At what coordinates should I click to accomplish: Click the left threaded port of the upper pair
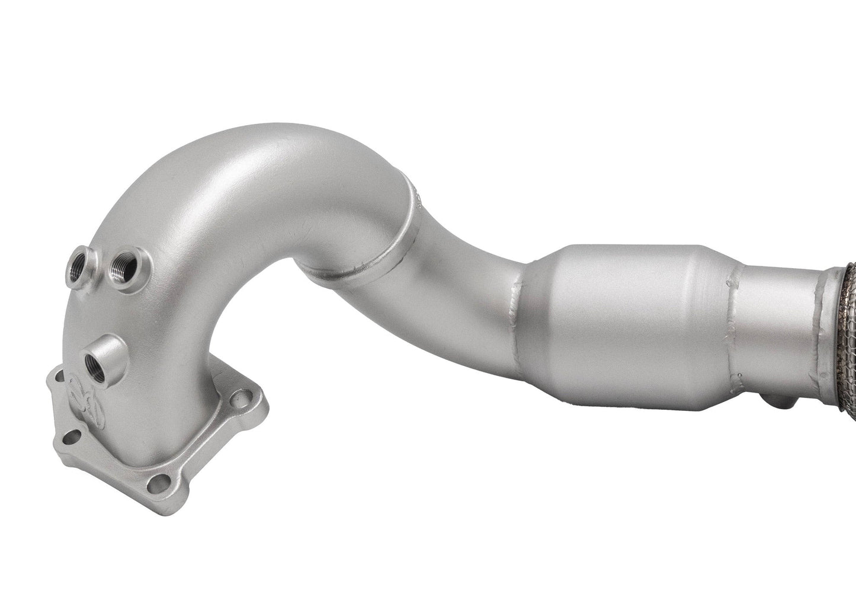(x=80, y=259)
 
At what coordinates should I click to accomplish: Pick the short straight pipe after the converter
(x=776, y=320)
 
